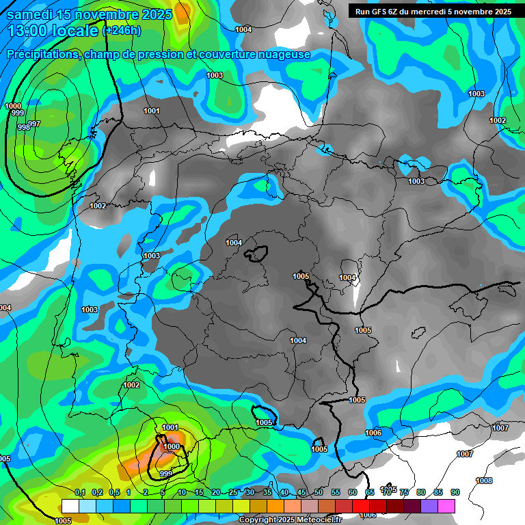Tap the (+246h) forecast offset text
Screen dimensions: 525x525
121,30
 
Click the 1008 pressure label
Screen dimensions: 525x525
484,481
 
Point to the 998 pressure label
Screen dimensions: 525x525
23,127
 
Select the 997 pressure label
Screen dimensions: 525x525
34,124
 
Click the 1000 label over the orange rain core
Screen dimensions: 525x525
172,446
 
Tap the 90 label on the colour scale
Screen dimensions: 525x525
455,492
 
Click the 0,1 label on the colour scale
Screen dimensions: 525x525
79,492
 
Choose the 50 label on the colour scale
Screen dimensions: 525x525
319,492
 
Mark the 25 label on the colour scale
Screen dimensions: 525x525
233,492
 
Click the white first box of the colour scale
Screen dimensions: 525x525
70,506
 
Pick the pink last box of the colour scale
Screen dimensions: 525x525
447,506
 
